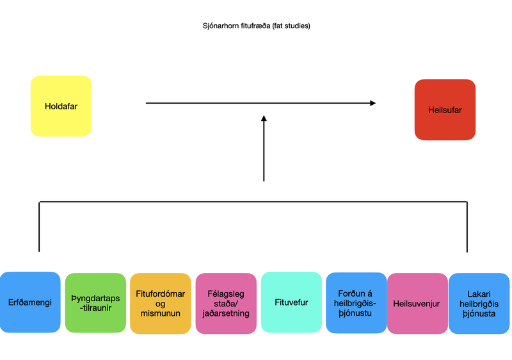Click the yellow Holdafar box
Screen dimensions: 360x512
coord(61,106)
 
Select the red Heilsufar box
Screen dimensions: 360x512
coord(445,109)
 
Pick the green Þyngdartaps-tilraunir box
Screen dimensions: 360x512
coord(95,302)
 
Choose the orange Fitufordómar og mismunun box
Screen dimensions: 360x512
coord(160,304)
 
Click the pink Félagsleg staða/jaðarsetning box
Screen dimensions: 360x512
coord(225,304)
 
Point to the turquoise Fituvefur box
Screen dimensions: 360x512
coord(291,302)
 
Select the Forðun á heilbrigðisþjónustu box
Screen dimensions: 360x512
coord(356,303)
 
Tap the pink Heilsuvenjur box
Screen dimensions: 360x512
coord(417,303)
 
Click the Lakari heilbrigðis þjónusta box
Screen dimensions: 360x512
coord(479,303)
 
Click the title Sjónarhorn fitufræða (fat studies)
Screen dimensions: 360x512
coord(255,26)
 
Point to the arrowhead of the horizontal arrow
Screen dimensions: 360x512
coord(372,103)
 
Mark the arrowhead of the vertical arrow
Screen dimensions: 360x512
coord(264,119)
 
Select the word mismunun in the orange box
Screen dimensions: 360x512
coord(160,314)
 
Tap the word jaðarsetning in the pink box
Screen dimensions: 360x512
coord(225,314)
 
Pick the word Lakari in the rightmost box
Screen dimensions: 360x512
coord(479,293)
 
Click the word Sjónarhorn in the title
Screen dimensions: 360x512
coord(219,26)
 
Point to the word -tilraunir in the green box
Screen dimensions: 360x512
coord(95,308)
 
